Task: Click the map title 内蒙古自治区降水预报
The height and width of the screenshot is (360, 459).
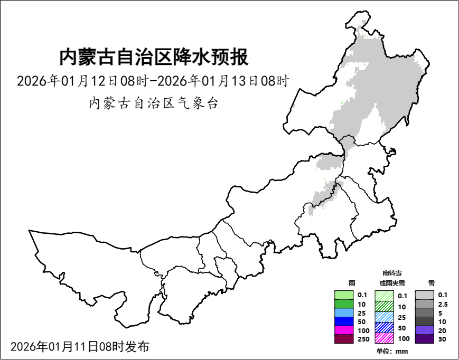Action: [154, 57]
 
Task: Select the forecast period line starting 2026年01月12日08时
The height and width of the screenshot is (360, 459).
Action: [154, 81]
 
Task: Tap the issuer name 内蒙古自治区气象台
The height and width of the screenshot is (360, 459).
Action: [154, 103]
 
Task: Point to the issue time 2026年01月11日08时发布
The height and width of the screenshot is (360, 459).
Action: [80, 347]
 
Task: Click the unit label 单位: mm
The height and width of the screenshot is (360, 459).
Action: [392, 352]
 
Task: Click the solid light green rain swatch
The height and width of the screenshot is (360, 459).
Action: [344, 296]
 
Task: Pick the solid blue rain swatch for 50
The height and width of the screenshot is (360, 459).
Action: [344, 321]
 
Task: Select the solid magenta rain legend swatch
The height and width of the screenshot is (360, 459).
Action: [344, 330]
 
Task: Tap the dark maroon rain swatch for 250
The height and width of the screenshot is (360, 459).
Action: [344, 339]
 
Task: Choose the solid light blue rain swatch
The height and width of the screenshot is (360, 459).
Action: [344, 313]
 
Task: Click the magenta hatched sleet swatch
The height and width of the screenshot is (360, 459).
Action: [384, 338]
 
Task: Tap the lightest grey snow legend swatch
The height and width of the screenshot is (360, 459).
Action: [424, 295]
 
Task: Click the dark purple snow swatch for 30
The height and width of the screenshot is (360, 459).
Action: [424, 339]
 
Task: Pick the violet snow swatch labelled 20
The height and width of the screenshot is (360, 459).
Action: [424, 330]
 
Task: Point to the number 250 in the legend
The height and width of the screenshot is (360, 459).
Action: [363, 339]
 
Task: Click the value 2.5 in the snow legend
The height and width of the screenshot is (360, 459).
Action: [443, 304]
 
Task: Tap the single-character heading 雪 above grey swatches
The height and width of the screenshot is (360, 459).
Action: [431, 283]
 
